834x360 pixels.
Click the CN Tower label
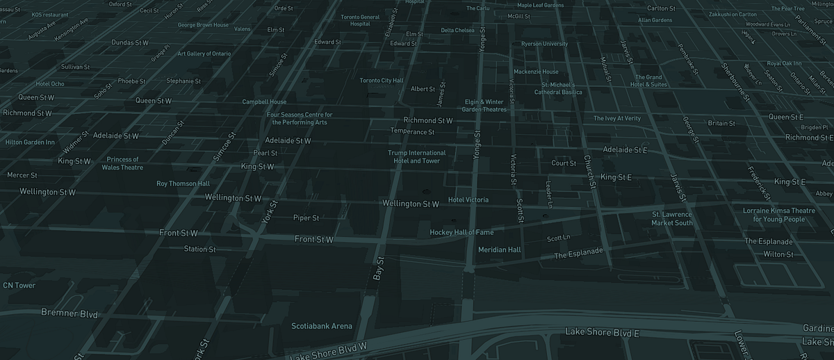(19, 286)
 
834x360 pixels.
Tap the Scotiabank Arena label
(322, 326)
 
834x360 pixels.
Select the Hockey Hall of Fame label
(461, 232)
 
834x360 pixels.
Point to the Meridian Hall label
(499, 249)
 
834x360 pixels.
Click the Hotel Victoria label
(468, 200)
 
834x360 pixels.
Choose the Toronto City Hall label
(381, 81)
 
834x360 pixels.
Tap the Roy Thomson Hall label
(183, 183)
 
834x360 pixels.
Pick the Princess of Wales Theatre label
(122, 163)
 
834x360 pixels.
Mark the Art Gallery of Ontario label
(204, 54)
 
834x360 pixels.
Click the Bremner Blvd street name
(69, 313)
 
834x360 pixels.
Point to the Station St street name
(199, 249)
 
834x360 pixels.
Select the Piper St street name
(306, 218)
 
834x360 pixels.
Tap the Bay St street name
(379, 268)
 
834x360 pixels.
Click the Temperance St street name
(412, 131)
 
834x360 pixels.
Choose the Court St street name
(564, 163)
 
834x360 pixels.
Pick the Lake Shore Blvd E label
(602, 333)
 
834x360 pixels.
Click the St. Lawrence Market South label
(672, 219)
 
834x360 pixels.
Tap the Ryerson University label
(544, 44)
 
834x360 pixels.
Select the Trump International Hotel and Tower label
(417, 157)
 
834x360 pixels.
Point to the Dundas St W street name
(130, 42)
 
